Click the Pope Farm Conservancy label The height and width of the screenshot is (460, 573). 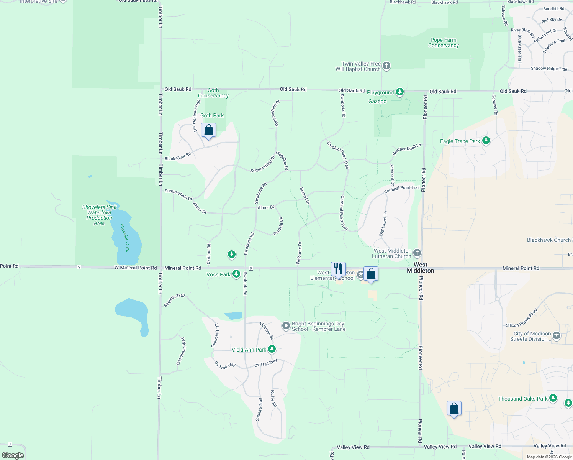point(443,43)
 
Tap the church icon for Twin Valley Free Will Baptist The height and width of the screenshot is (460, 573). point(386,66)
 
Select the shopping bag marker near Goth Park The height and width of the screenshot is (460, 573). point(208,130)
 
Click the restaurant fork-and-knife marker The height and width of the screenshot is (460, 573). point(338,269)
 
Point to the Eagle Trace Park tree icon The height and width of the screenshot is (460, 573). point(486,141)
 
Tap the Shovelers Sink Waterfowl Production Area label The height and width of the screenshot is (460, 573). point(99,215)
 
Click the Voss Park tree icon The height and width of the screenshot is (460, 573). point(236,274)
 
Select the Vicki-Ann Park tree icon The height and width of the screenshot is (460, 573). point(272,349)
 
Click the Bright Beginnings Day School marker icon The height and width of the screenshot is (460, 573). point(286,326)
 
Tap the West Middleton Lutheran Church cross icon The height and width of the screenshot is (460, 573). point(417,253)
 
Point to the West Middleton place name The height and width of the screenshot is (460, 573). point(420,268)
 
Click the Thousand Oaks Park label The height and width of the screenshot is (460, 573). point(523,399)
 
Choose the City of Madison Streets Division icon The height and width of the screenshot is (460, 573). point(557,336)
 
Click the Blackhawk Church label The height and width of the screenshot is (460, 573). point(548,240)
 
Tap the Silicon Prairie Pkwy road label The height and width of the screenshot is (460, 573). point(522,318)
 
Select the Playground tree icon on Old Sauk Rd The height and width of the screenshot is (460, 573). point(400,92)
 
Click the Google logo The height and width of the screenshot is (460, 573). point(13,455)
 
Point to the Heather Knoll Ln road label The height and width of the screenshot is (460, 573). point(406,149)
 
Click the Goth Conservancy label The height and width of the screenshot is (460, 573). point(213,93)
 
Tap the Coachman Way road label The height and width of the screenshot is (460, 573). point(181,352)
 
